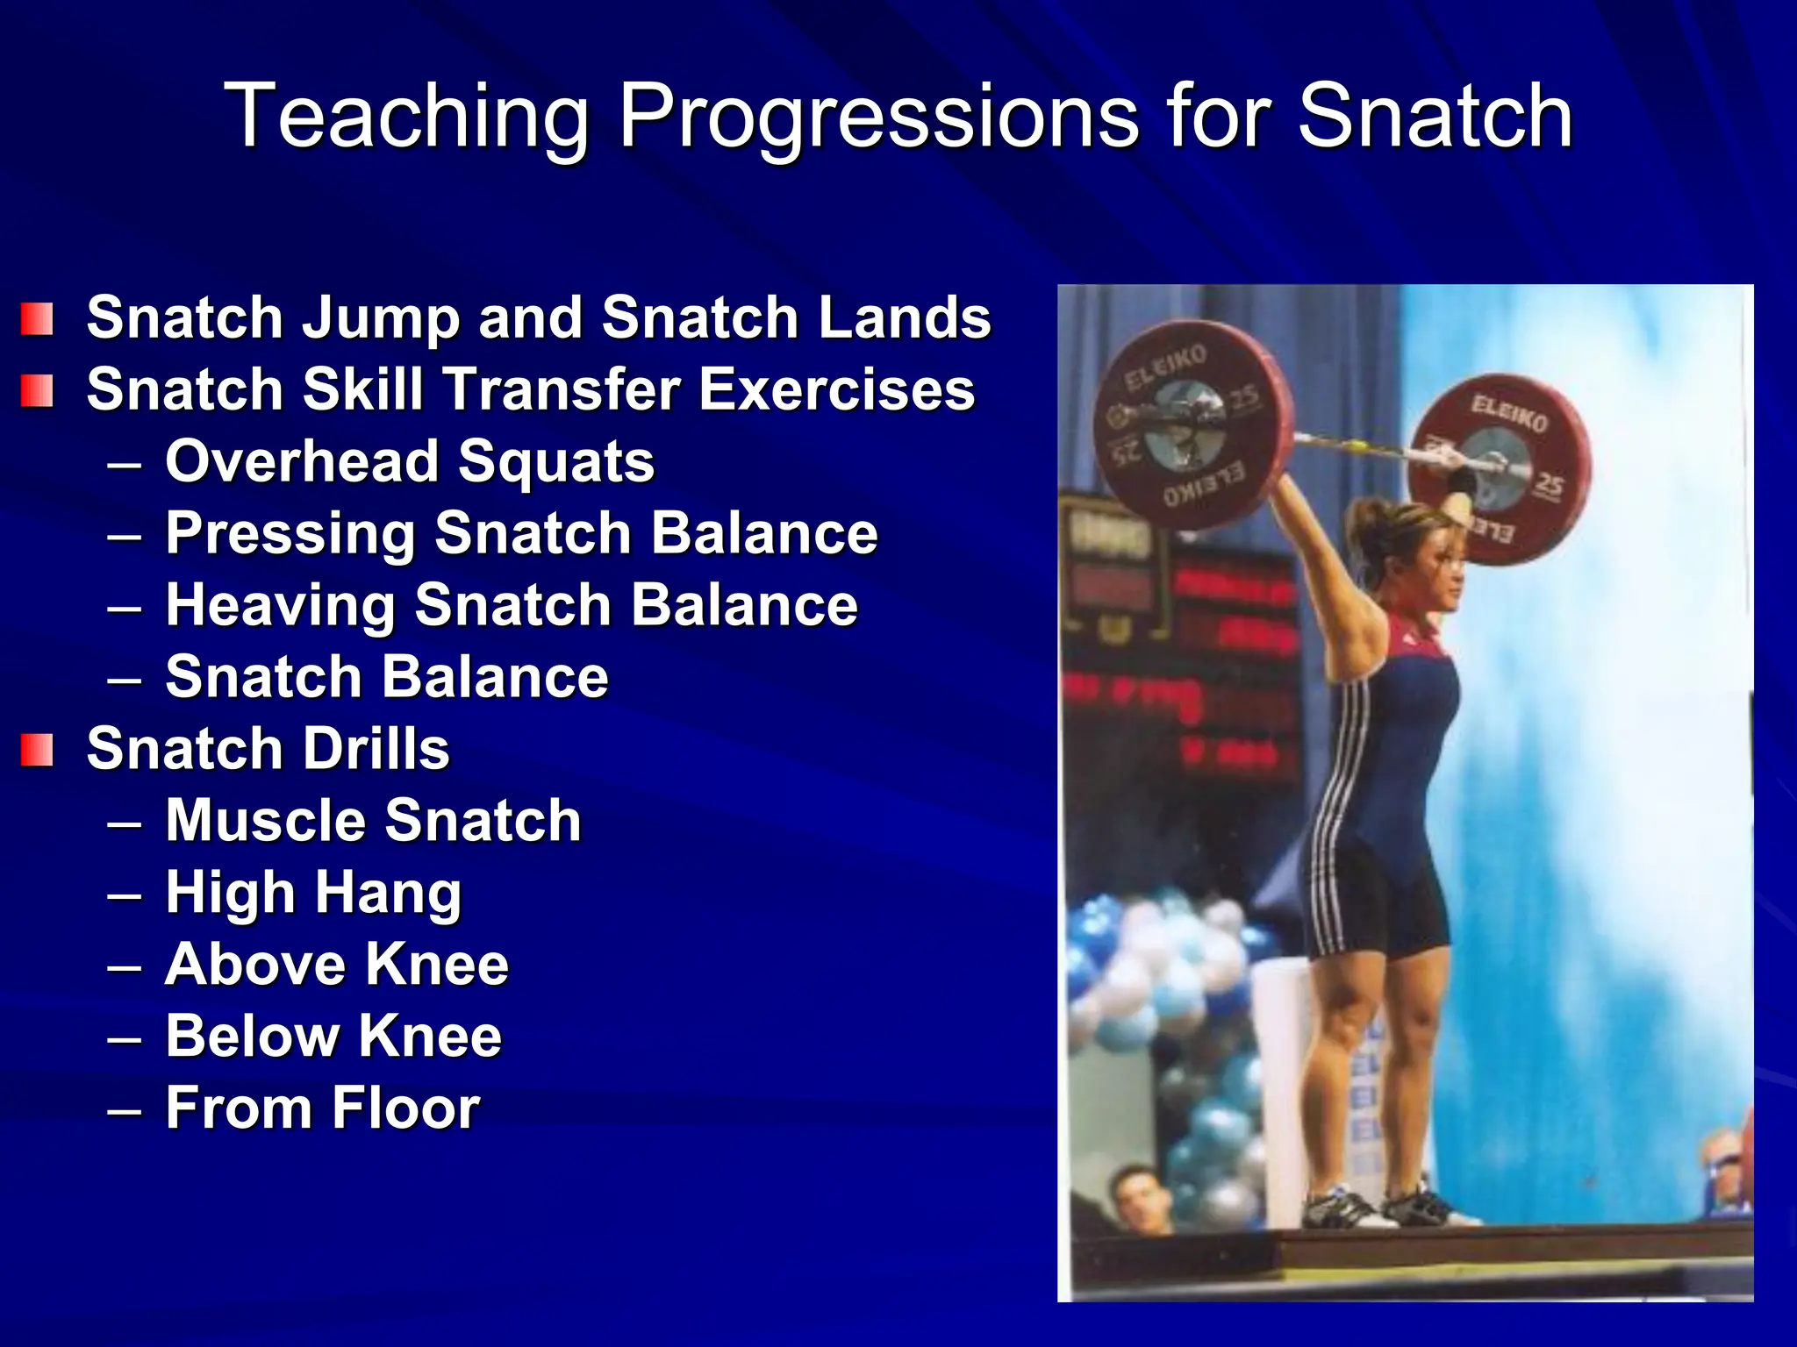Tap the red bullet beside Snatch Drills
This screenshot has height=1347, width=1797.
[37, 751]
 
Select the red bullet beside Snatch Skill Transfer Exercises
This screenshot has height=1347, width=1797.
[37, 391]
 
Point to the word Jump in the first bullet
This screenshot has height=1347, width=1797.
[381, 319]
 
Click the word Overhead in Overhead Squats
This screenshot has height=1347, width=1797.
[302, 461]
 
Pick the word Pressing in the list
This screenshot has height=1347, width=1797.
[290, 534]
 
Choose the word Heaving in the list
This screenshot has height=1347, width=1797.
[279, 606]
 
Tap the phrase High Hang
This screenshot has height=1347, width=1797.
[313, 894]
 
